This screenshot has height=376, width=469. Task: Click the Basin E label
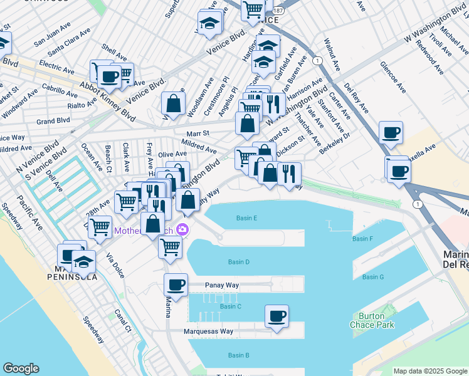pyautogui.click(x=247, y=218)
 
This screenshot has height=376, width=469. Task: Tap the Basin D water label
pyautogui.click(x=239, y=262)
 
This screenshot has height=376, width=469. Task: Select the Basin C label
pyautogui.click(x=231, y=306)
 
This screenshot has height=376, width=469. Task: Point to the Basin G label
pyautogui.click(x=372, y=277)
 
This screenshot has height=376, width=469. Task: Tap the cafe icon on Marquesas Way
pyautogui.click(x=277, y=315)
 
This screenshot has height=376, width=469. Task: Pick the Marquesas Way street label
pyautogui.click(x=209, y=331)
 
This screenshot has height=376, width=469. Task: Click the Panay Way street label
pyautogui.click(x=222, y=285)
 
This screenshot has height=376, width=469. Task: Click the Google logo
pyautogui.click(x=21, y=368)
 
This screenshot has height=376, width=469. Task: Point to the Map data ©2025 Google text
pyautogui.click(x=429, y=371)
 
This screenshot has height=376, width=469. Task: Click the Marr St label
pyautogui.click(x=198, y=133)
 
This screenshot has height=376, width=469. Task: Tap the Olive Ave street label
pyautogui.click(x=172, y=154)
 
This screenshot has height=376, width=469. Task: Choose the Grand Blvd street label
pyautogui.click(x=53, y=121)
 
